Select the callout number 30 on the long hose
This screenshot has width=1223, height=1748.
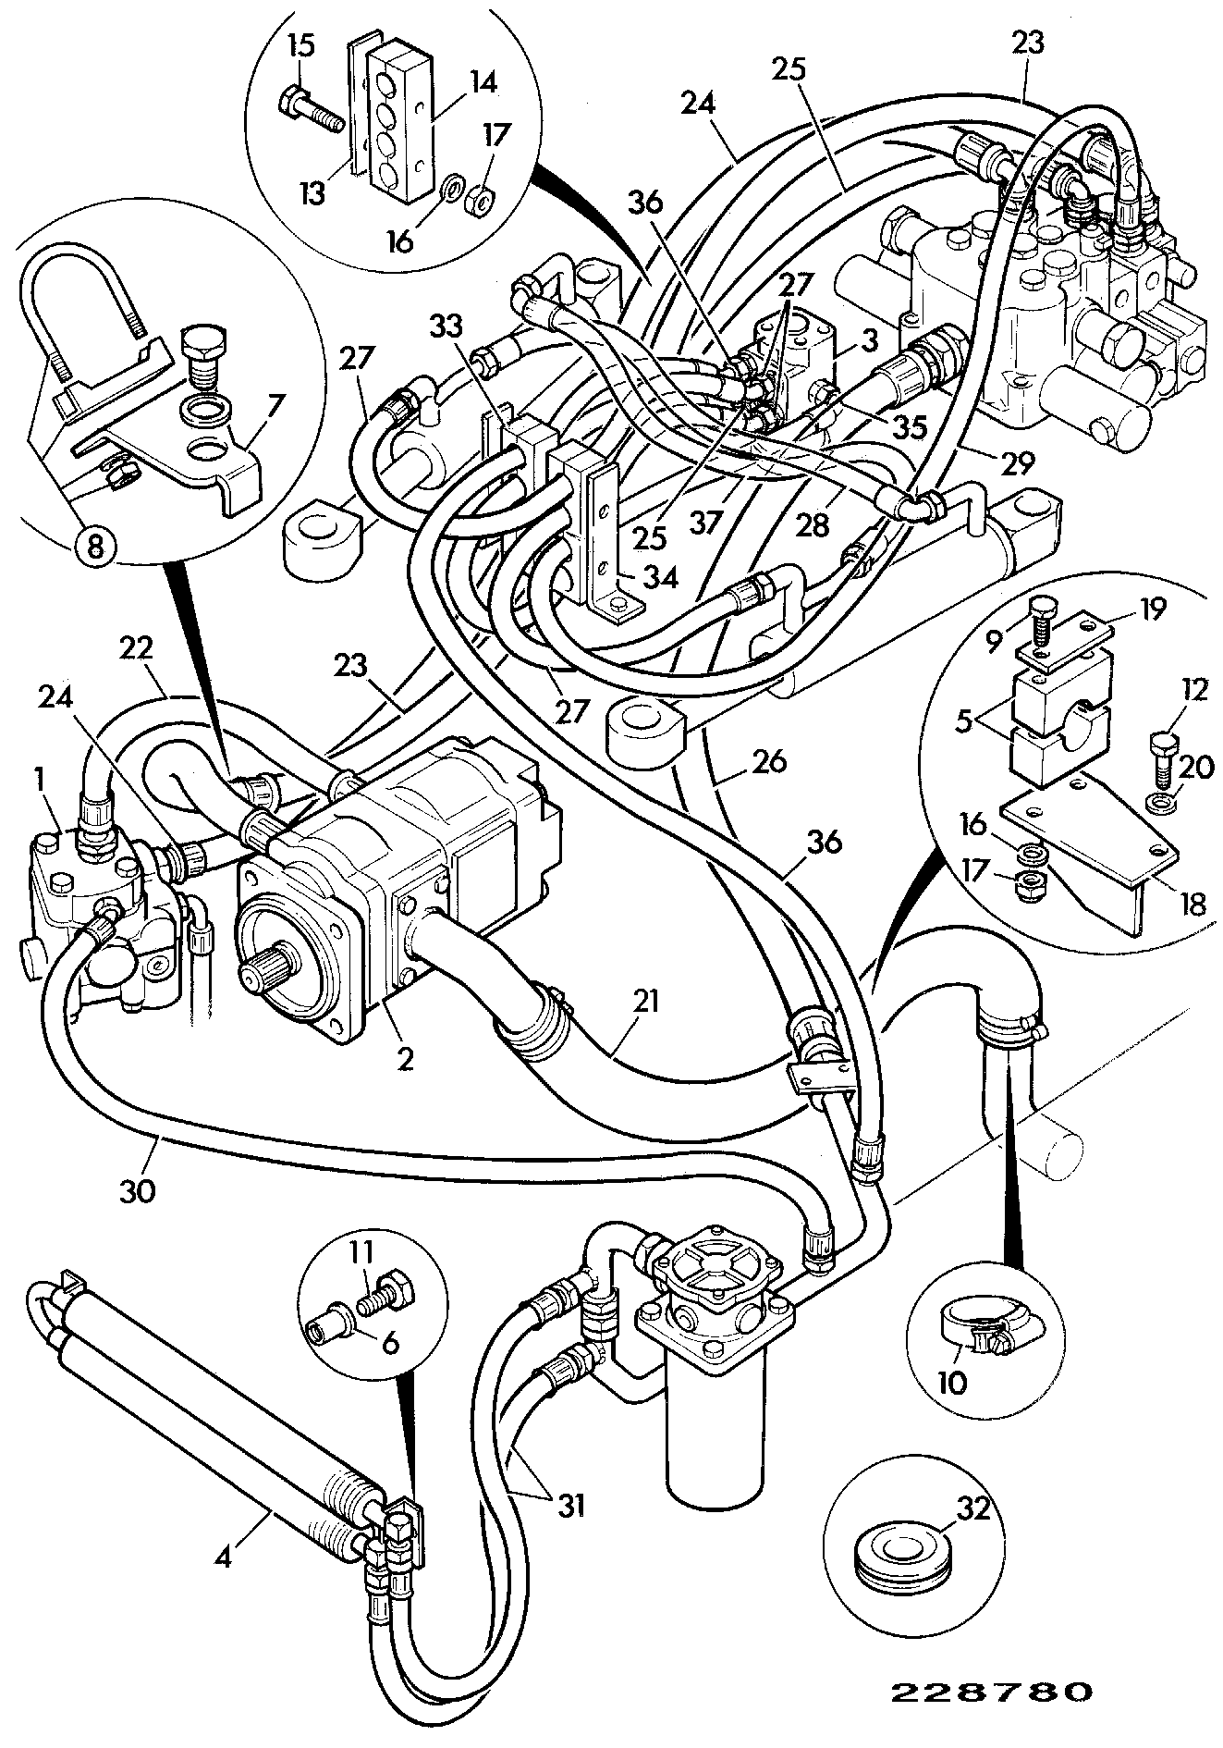click(x=137, y=1188)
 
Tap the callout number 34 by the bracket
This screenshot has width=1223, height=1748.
click(x=661, y=578)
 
